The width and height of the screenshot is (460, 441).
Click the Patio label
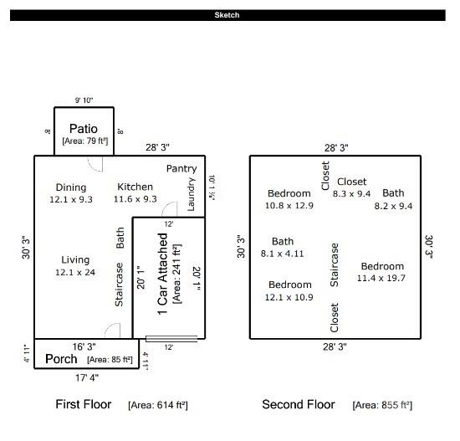tap(84, 129)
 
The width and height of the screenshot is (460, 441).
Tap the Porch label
tap(61, 359)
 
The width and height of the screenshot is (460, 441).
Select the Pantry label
tap(181, 168)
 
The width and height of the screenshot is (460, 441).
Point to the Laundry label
tap(191, 194)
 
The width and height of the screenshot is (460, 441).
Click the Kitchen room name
tap(135, 187)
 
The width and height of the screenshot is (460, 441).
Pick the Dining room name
tap(71, 187)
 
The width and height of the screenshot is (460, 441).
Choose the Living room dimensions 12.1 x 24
tap(75, 272)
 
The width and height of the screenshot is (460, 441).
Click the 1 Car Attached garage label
tap(162, 274)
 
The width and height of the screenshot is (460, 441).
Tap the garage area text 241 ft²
tap(177, 274)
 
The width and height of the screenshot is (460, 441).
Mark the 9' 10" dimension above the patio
tap(84, 100)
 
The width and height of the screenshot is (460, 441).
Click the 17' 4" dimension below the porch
tap(87, 377)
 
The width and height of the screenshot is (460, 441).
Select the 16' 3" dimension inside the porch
tap(84, 346)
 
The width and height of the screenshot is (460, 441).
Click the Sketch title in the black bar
tap(227, 15)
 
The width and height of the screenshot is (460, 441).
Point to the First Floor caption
tap(84, 404)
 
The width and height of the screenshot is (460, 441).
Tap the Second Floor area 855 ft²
tap(382, 405)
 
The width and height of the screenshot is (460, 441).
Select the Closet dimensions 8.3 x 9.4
tap(351, 194)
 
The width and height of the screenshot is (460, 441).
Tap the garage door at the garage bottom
tap(171, 339)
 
